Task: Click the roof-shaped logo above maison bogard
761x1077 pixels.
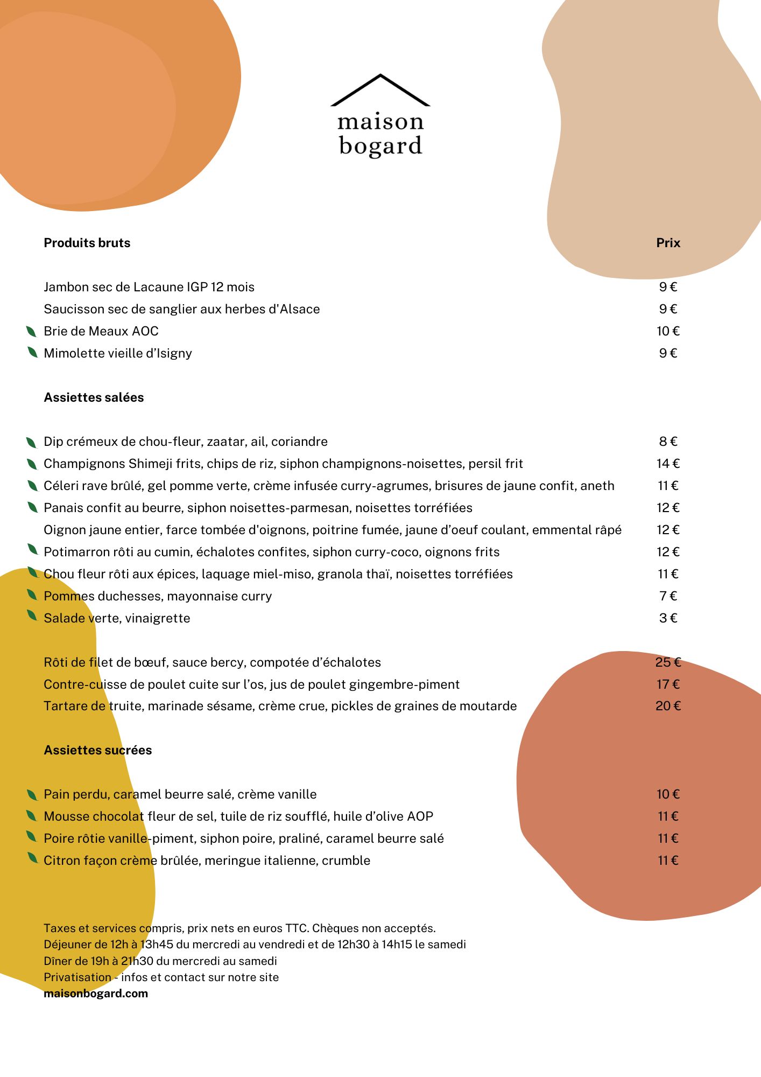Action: coord(380,90)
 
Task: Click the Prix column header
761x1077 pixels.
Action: coord(668,243)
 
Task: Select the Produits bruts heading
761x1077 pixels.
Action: coord(87,243)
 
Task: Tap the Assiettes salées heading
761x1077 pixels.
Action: coord(94,397)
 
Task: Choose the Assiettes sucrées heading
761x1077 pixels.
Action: coord(97,750)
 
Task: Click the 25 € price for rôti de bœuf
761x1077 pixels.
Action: coord(668,662)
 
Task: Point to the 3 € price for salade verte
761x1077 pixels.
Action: coord(668,618)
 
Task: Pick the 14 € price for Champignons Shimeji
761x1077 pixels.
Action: coord(668,464)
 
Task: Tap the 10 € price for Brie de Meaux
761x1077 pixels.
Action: coord(668,331)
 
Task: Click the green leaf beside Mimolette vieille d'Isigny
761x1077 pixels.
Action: coord(32,353)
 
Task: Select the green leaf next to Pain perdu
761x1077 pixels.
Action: coord(32,794)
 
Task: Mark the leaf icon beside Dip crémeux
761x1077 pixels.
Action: coord(32,442)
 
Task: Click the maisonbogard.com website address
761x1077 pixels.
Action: coord(96,994)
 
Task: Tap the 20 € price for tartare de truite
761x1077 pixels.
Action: coord(668,706)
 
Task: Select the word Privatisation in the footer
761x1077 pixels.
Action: coord(77,977)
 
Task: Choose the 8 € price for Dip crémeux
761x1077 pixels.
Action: coord(668,442)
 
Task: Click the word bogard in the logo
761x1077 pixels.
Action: coord(380,146)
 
